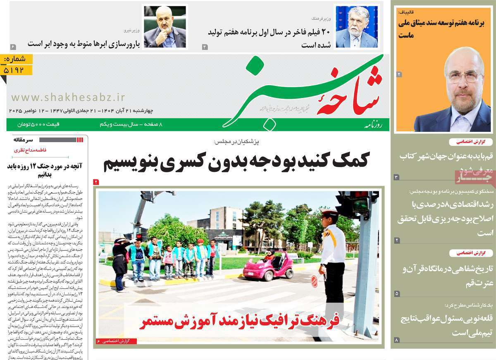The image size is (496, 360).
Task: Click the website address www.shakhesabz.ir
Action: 68,97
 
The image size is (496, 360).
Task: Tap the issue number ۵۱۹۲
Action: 17,70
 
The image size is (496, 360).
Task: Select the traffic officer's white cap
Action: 329,214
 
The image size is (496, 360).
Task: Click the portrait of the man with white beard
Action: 356,27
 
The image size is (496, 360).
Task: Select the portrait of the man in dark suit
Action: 165,27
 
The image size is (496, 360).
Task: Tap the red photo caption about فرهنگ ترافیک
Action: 239,321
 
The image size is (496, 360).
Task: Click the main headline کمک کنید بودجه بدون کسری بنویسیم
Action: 236,160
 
